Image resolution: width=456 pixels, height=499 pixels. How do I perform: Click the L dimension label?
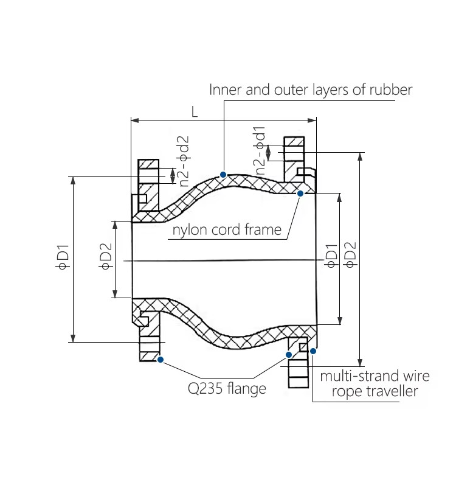[x=195, y=112]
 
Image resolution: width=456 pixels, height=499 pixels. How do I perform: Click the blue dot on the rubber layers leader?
[x=224, y=175]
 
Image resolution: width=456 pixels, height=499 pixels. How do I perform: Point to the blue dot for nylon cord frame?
[x=300, y=193]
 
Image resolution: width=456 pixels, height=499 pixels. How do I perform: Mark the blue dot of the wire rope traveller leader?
[x=313, y=351]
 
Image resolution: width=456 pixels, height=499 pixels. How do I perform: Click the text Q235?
[x=205, y=388]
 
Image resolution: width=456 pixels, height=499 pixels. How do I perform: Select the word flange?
[x=246, y=388]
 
